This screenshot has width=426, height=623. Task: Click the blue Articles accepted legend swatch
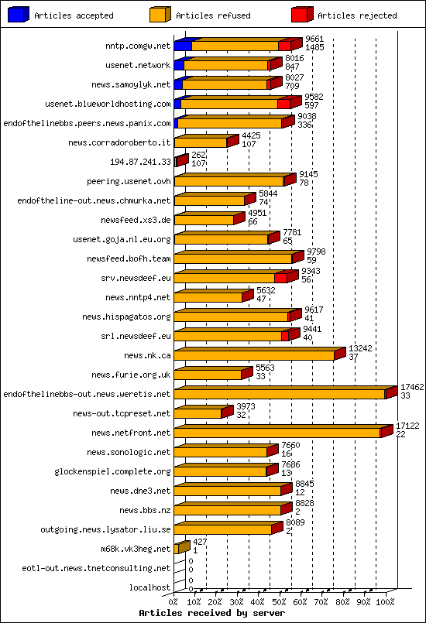[19, 14]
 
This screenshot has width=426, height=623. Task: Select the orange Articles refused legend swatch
[160, 14]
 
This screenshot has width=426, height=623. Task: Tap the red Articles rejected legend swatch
[301, 14]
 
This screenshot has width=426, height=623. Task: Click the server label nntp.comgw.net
[138, 46]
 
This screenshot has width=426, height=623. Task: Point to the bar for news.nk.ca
[256, 355]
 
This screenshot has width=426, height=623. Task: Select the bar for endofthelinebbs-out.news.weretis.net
[280, 394]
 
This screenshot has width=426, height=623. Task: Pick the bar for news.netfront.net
[279, 433]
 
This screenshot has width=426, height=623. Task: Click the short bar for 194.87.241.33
[180, 162]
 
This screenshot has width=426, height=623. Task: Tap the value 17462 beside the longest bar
[411, 386]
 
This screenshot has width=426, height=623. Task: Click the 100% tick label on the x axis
[386, 601]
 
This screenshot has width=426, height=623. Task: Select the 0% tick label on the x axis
[173, 601]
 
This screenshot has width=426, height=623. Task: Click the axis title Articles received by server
[211, 612]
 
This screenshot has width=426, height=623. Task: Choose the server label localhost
[149, 587]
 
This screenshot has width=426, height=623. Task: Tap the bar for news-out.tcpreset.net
[199, 413]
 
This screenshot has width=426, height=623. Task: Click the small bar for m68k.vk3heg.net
[181, 548]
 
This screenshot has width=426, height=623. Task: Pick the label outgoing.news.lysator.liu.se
[105, 529]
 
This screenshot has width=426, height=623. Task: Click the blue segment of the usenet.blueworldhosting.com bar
[177, 104]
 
